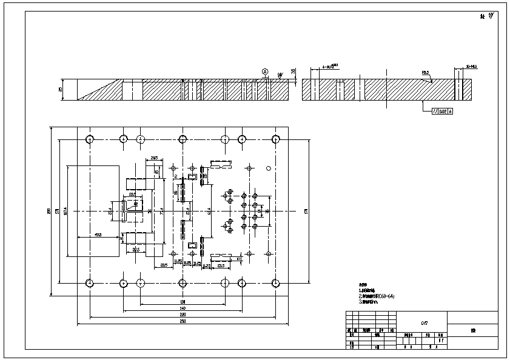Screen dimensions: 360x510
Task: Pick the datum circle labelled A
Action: point(265,72)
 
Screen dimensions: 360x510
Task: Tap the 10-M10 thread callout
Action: point(471,65)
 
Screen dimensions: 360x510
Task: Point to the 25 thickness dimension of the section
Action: point(60,90)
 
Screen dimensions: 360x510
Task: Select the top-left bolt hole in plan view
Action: point(90,139)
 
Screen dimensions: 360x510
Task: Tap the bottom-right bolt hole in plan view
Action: point(275,282)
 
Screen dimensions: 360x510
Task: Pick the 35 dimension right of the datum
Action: point(293,71)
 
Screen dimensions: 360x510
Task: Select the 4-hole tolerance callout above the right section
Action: point(330,66)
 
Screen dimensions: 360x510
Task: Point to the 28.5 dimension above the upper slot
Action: point(154,158)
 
